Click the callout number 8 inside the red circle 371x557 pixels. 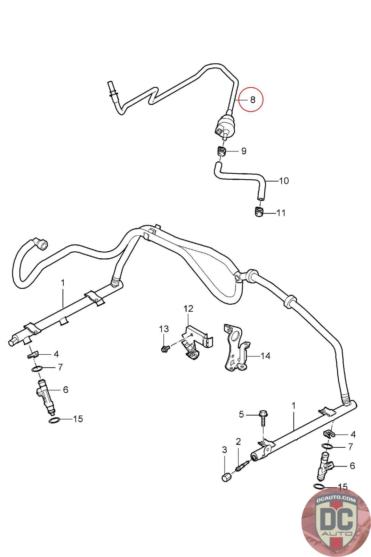252,100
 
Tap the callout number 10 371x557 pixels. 284,181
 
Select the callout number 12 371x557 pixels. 188,308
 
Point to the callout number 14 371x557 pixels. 265,356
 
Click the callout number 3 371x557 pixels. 225,450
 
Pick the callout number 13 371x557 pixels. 164,329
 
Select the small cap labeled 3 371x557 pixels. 226,477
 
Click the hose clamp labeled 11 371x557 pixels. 259,212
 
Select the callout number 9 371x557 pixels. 244,151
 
